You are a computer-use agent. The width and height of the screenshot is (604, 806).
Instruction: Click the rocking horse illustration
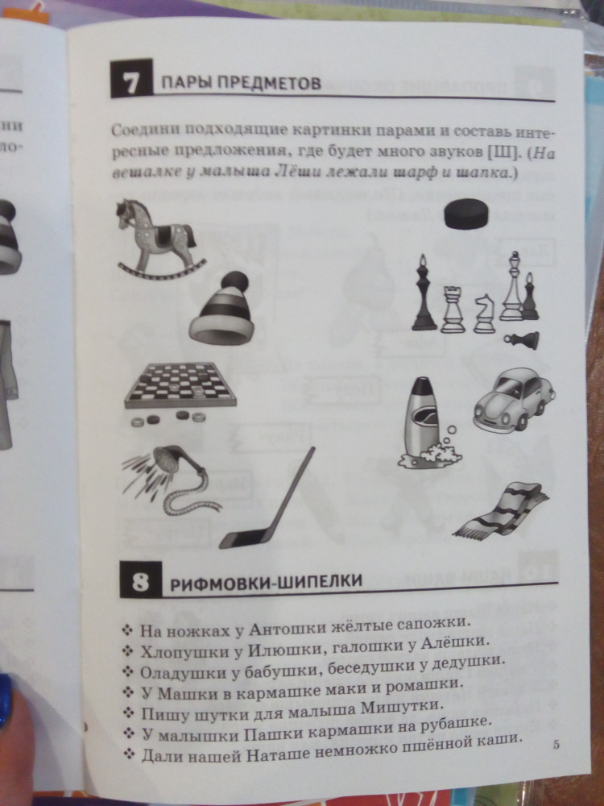(160, 239)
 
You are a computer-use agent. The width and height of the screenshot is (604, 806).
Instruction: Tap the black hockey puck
(465, 214)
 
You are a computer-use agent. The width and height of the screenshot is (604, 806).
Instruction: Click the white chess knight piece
(484, 313)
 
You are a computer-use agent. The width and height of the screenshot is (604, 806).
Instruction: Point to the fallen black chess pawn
(521, 340)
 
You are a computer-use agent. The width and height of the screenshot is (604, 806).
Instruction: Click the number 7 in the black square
(131, 80)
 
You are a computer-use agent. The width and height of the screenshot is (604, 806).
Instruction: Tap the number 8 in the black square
(140, 580)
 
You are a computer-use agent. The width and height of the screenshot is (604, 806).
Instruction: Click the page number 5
(556, 744)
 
